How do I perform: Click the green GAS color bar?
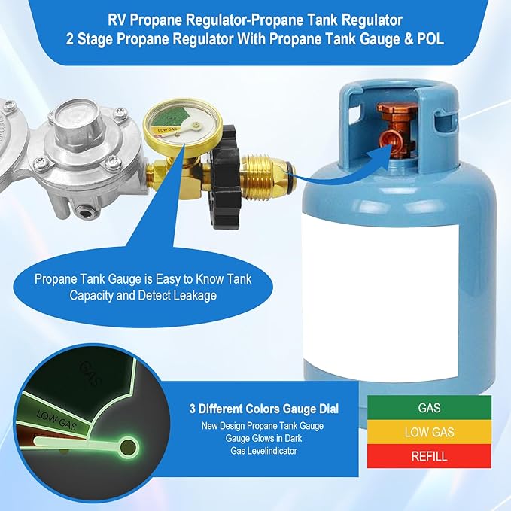[428, 408]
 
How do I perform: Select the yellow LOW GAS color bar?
[428, 432]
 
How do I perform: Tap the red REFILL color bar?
[428, 456]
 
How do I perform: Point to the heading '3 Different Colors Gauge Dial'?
[263, 409]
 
